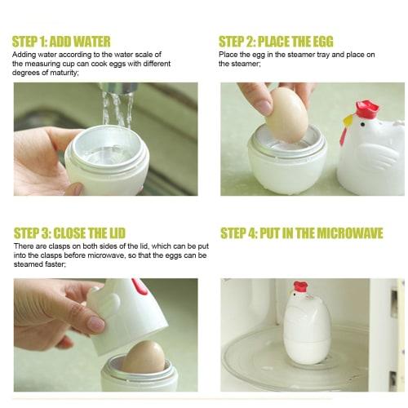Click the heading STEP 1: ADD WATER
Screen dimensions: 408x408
point(73,40)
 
